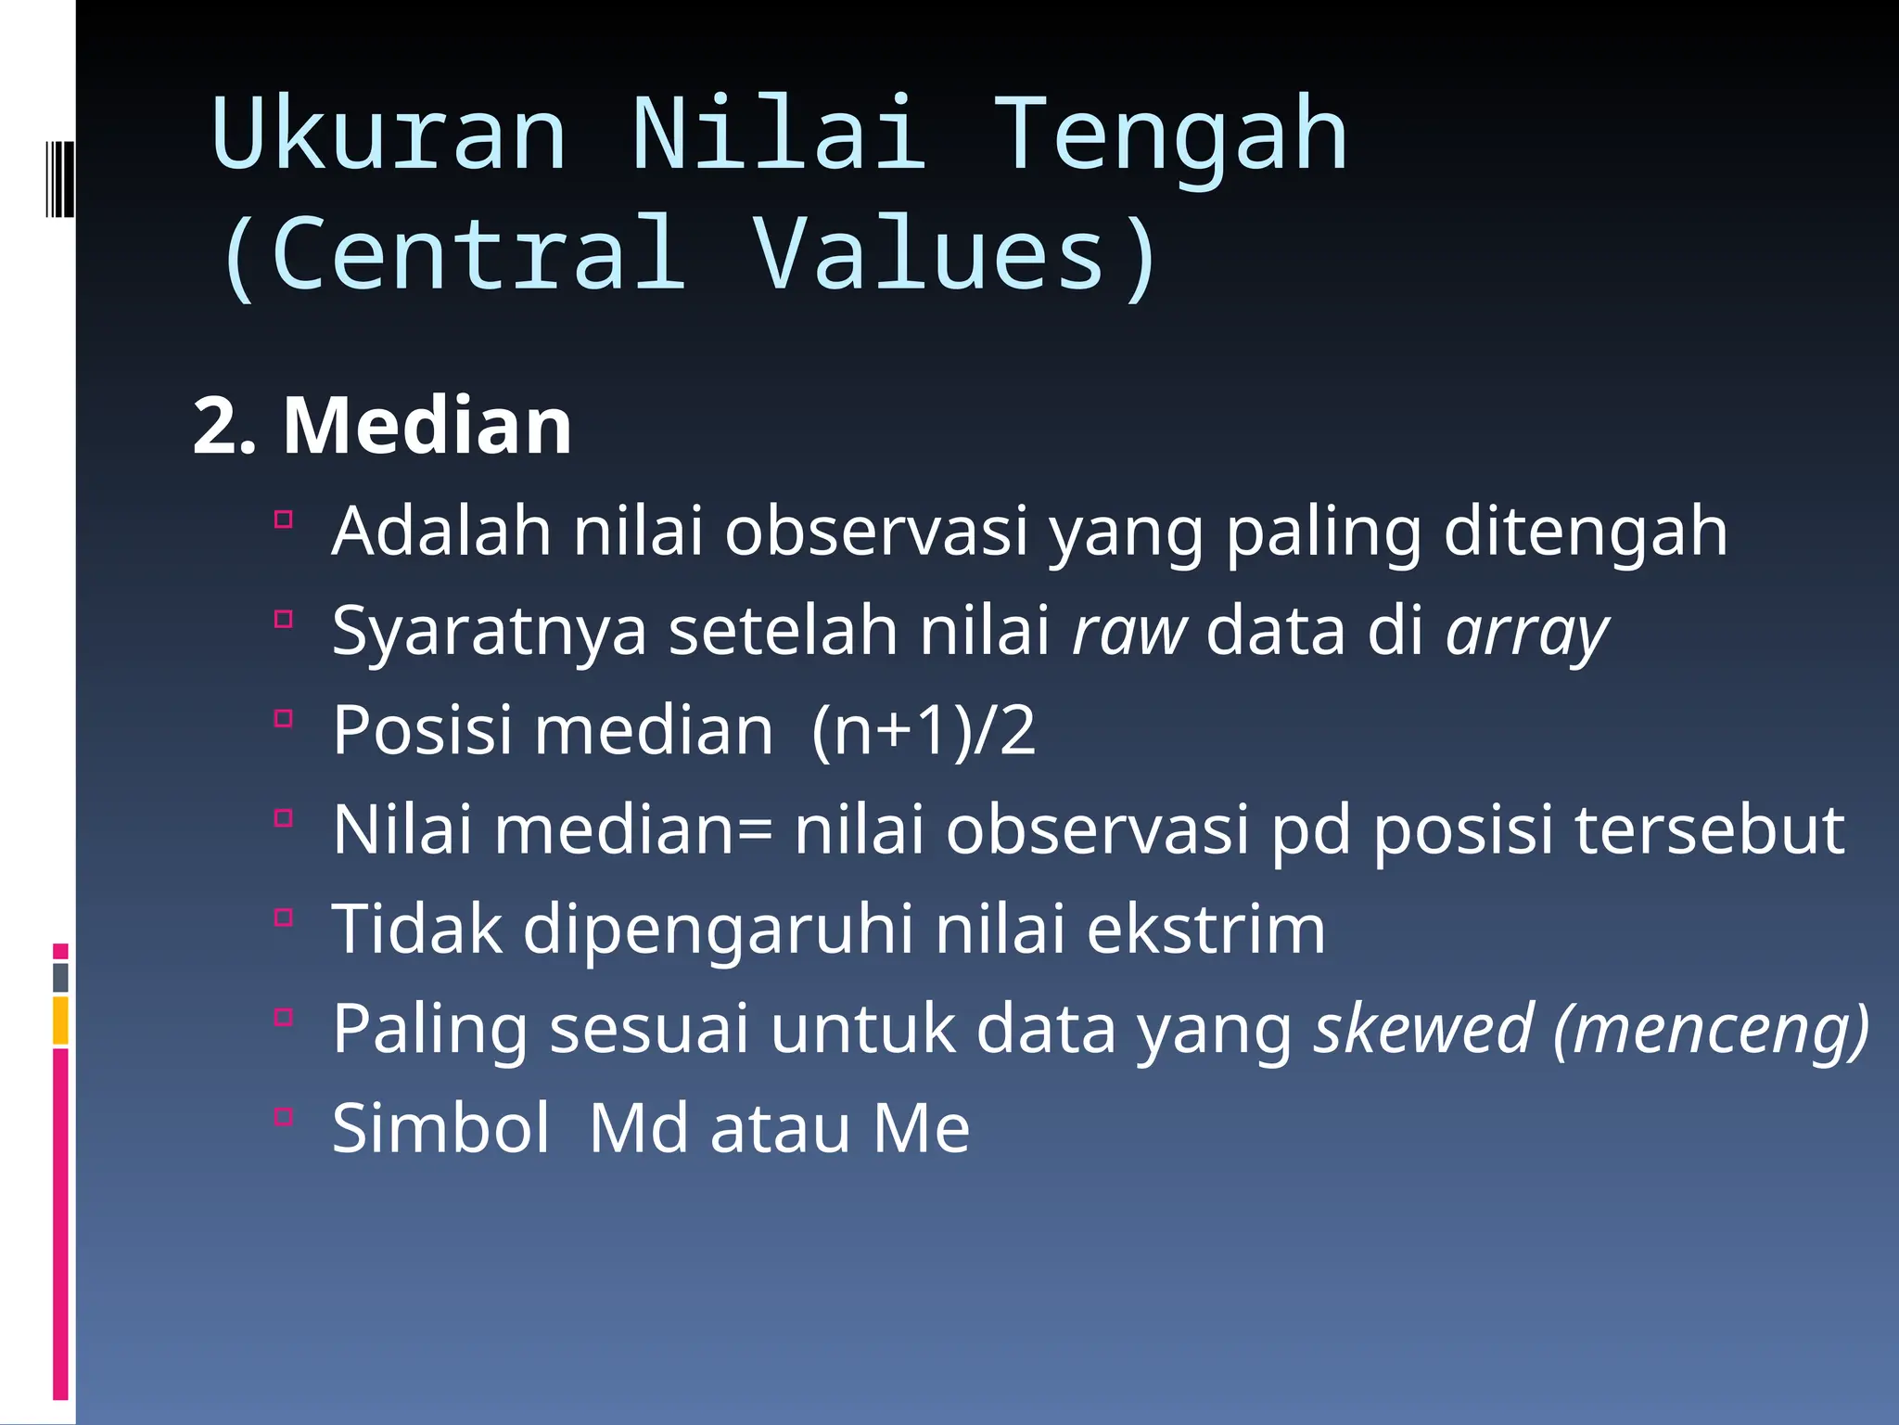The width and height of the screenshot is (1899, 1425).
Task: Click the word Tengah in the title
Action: pyautogui.click(x=1170, y=136)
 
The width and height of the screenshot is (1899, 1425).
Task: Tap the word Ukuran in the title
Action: pyautogui.click(x=389, y=136)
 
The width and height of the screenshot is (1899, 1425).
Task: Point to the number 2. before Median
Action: pyautogui.click(x=223, y=428)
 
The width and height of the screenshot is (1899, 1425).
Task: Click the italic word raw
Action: pyautogui.click(x=1128, y=631)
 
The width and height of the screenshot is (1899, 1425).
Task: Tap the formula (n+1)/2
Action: pyautogui.click(x=923, y=731)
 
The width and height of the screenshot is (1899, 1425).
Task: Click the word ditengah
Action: pyautogui.click(x=1586, y=533)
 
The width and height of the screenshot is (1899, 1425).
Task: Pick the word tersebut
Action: pyautogui.click(x=1710, y=829)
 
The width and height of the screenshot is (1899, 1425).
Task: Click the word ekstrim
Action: pyautogui.click(x=1205, y=930)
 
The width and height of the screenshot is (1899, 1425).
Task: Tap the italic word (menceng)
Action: pyautogui.click(x=1712, y=1031)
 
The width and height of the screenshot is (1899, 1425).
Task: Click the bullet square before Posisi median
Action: pyautogui.click(x=284, y=718)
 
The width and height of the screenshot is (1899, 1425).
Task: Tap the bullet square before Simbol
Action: pyautogui.click(x=284, y=1116)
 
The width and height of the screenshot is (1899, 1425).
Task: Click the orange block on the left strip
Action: pyautogui.click(x=60, y=1021)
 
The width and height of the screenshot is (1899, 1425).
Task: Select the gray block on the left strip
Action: pyautogui.click(x=60, y=977)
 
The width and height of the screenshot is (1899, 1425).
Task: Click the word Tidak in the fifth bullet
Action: pyautogui.click(x=416, y=930)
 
